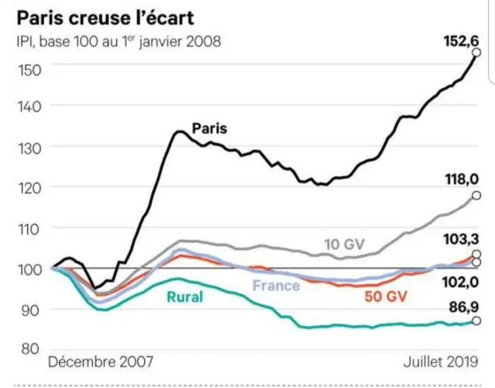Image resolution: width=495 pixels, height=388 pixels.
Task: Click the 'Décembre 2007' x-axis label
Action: point(101,362)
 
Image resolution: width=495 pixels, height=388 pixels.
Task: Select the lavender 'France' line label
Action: point(277,286)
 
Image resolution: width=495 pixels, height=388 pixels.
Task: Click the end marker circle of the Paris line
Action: point(476,53)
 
